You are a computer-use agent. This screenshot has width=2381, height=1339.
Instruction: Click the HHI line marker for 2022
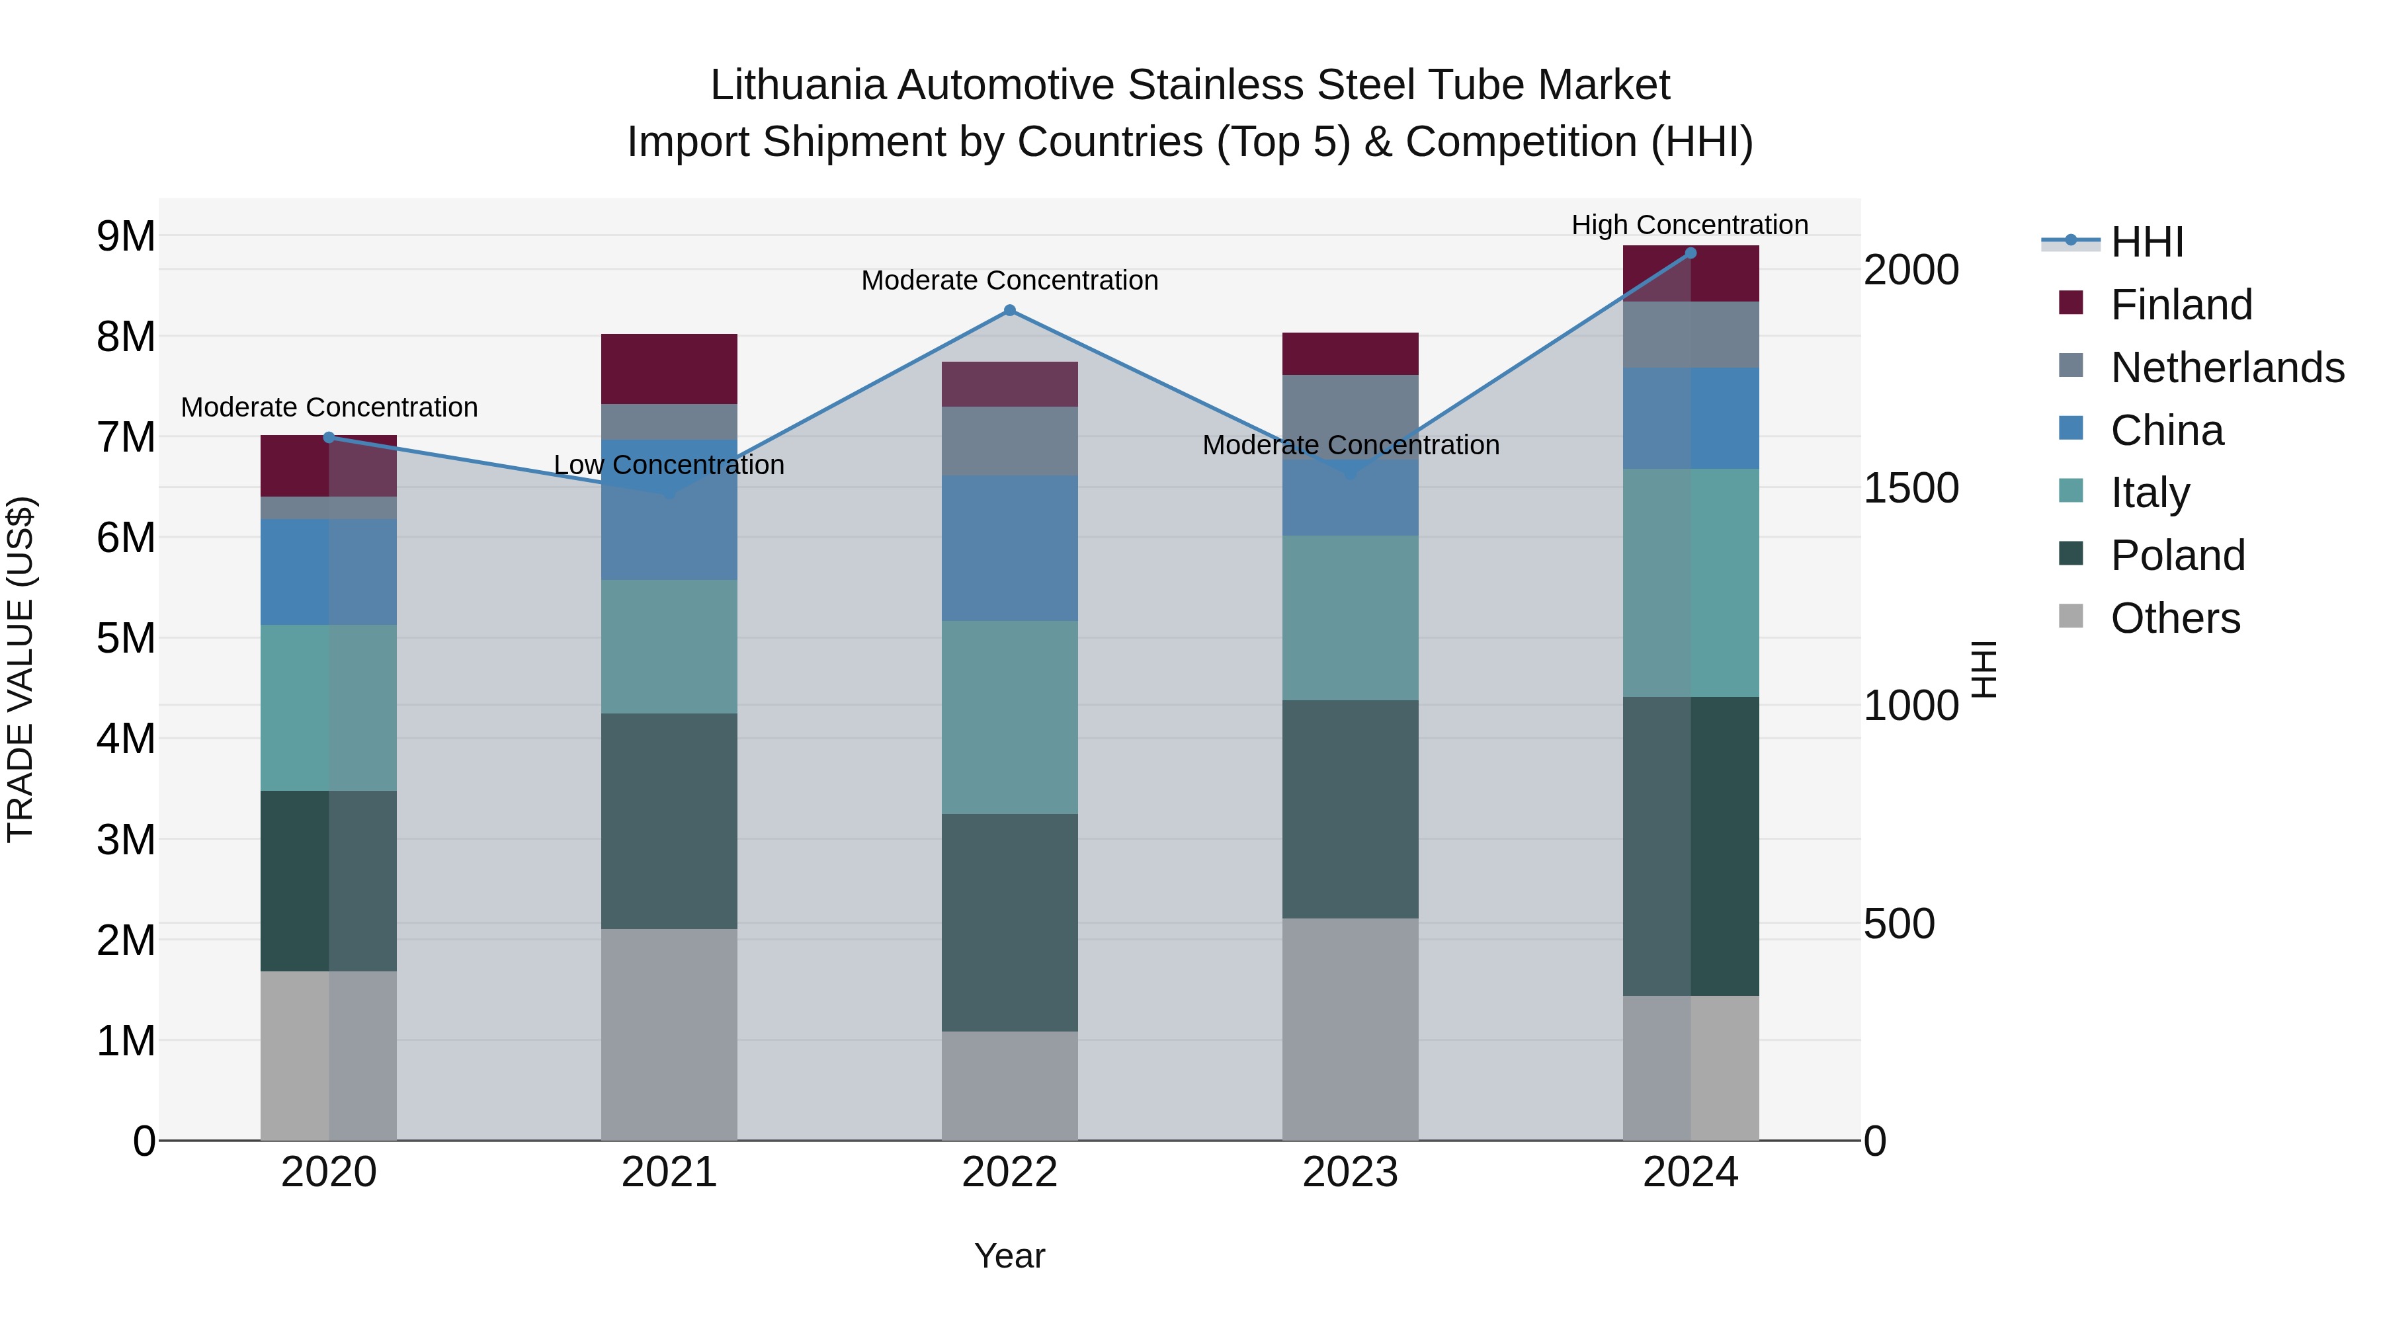coord(1009,311)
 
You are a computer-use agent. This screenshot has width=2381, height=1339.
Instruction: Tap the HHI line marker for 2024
coord(1691,253)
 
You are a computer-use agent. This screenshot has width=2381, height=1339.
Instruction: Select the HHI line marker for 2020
coord(329,438)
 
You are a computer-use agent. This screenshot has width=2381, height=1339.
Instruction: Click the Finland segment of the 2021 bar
coord(669,369)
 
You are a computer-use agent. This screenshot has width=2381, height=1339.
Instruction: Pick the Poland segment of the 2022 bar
coord(1009,922)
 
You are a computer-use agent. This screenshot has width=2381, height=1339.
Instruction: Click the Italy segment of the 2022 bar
coord(1009,717)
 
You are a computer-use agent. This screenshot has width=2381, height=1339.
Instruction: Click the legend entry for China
coord(2167,430)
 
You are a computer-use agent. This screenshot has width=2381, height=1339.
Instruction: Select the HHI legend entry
coord(2147,242)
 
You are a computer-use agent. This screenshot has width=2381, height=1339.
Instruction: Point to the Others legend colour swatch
coord(2071,616)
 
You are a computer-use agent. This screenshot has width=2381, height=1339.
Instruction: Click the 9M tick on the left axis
coord(126,237)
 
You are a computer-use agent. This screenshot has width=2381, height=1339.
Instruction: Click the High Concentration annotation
coord(1690,225)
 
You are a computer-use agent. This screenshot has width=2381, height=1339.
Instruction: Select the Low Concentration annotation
coord(669,465)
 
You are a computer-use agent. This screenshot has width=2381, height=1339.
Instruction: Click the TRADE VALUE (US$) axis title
coord(21,669)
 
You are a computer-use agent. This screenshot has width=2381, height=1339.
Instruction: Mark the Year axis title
coord(1009,1256)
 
